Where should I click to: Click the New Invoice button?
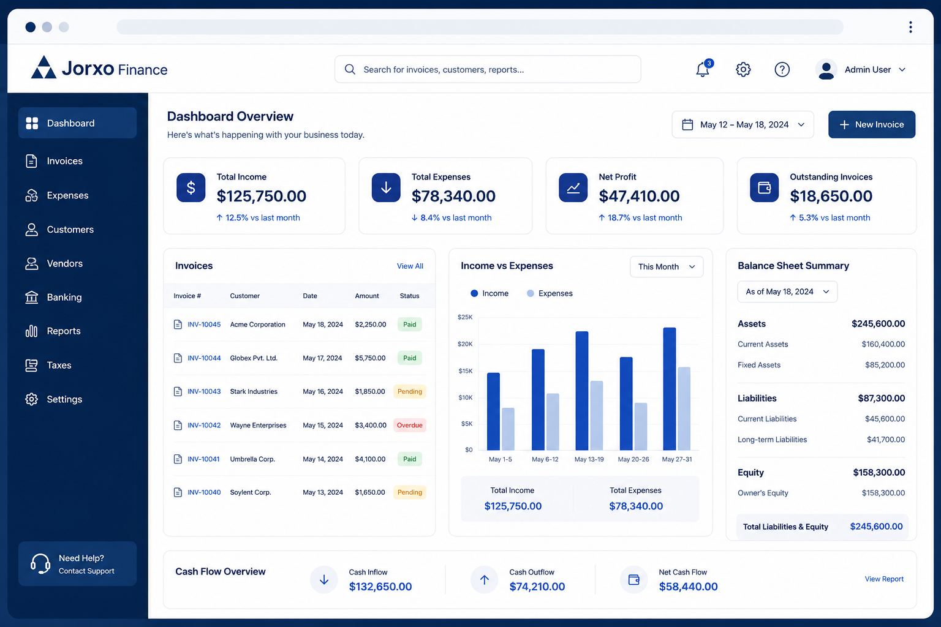pos(871,124)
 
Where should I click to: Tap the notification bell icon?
pos(703,69)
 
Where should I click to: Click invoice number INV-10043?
pos(204,391)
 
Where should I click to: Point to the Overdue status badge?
pos(410,425)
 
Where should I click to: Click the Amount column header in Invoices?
pos(367,296)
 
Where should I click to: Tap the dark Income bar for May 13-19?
pos(582,391)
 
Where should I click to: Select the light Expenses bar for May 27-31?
pos(684,408)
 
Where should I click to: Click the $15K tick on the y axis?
pos(465,371)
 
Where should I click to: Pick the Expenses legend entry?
pos(550,293)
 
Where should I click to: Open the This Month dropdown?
pos(667,267)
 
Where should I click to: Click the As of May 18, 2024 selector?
pos(787,291)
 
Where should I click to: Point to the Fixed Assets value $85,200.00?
pos(885,365)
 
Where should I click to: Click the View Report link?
pos(884,579)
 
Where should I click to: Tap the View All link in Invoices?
pos(410,266)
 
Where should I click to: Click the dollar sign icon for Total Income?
pos(191,187)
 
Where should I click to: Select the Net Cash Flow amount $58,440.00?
pos(688,586)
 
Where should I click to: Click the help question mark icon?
pos(782,69)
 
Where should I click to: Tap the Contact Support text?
pos(86,571)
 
